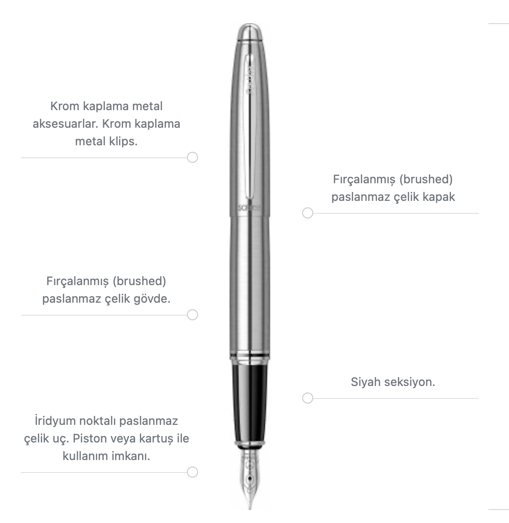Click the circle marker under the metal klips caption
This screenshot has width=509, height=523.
tap(192, 157)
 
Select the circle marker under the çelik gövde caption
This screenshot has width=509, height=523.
tap(192, 315)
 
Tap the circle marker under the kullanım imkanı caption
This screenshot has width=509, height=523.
tap(192, 472)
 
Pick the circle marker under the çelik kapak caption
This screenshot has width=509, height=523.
tap(308, 213)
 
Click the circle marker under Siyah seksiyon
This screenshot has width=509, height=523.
tap(308, 398)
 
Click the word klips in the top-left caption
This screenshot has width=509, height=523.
tap(124, 142)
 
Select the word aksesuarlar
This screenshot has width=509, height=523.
tap(65, 124)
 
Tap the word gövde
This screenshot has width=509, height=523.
tap(152, 299)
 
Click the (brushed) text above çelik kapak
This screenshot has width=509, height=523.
tap(426, 180)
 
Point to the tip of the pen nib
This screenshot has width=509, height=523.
tap(250, 508)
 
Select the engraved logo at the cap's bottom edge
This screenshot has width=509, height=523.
tap(250, 207)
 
